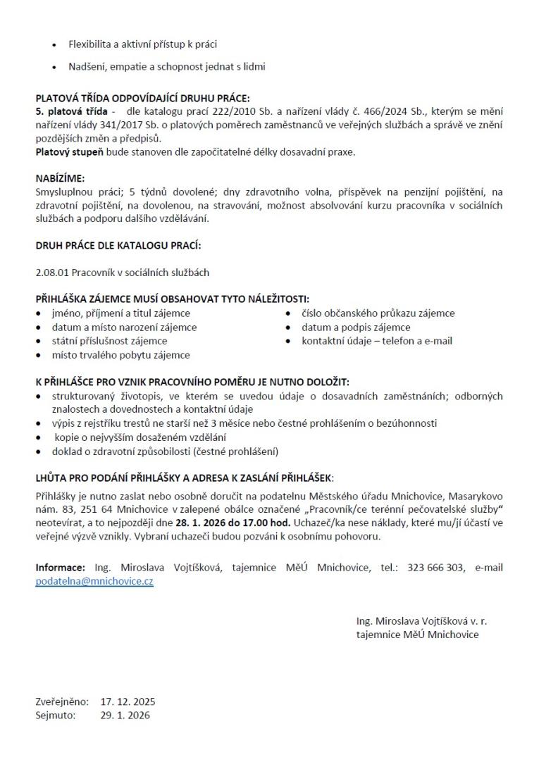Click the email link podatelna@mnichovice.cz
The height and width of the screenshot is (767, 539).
[x=94, y=582]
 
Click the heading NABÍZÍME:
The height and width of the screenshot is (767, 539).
[x=60, y=179]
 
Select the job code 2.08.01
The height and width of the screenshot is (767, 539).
[x=51, y=272]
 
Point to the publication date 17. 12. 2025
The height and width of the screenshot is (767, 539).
[x=128, y=701]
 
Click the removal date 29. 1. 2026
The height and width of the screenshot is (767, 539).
[x=125, y=715]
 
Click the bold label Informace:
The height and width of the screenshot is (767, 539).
[x=61, y=568]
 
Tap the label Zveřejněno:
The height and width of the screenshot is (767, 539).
[x=62, y=701]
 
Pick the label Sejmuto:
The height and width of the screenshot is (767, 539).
[x=56, y=715]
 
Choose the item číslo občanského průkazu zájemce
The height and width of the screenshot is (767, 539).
[x=378, y=313]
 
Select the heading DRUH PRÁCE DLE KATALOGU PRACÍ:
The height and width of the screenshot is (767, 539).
[x=118, y=245]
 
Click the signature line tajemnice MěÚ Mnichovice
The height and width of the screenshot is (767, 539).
[x=417, y=635]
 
